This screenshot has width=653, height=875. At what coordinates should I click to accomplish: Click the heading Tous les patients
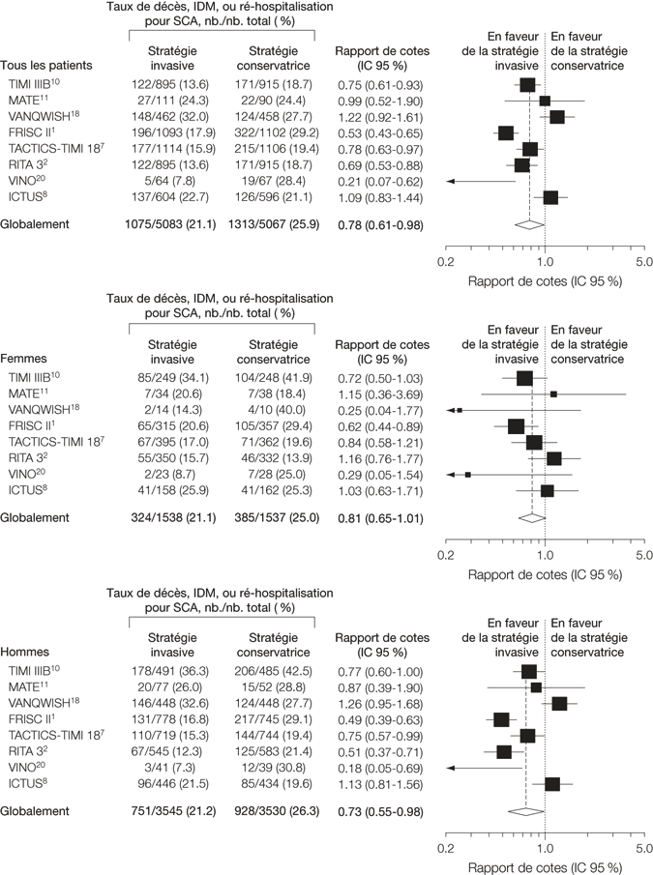coord(46,68)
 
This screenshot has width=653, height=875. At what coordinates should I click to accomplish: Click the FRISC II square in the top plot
coord(505,132)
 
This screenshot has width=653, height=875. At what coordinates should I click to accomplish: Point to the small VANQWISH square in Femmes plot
coord(460,410)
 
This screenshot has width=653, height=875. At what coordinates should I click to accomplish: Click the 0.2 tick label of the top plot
coord(446,262)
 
